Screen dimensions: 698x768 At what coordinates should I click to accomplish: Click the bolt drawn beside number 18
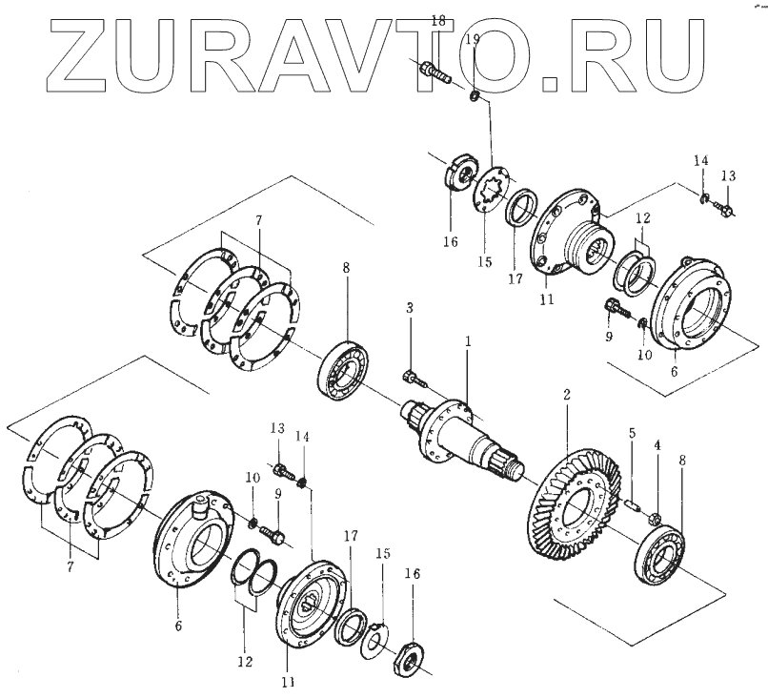(434, 70)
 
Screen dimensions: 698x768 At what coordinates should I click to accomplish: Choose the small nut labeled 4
(656, 519)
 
